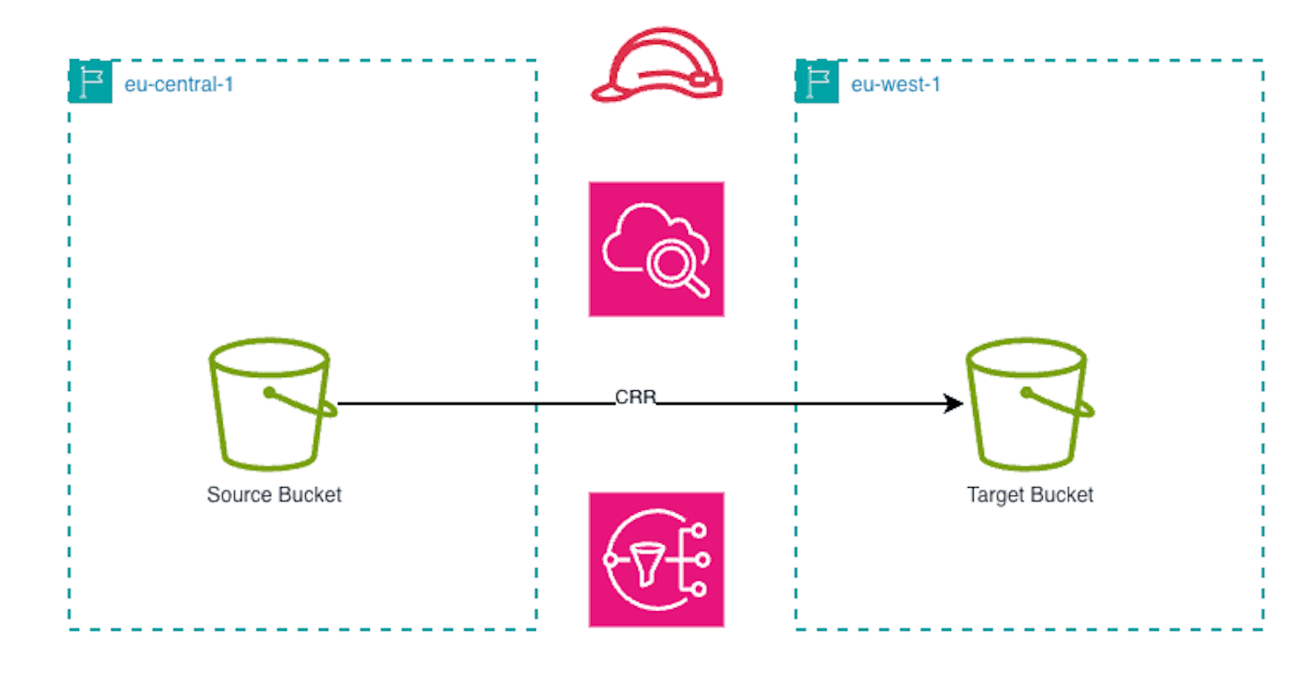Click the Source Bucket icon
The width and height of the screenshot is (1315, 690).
(x=270, y=404)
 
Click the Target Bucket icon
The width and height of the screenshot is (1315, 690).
(x=1027, y=404)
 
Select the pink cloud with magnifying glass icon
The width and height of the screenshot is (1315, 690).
(x=657, y=249)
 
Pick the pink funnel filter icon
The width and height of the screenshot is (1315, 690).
(x=657, y=559)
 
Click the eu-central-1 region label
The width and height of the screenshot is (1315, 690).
(x=178, y=85)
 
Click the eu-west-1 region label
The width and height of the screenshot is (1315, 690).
(x=895, y=85)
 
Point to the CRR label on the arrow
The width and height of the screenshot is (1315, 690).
(x=635, y=398)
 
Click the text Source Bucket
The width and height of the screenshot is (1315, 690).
(x=274, y=494)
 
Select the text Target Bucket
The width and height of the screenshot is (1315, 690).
(x=1030, y=494)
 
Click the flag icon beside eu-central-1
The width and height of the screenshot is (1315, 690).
(x=90, y=82)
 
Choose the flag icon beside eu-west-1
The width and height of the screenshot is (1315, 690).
(x=817, y=82)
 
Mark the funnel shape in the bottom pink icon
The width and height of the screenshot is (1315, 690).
(x=647, y=563)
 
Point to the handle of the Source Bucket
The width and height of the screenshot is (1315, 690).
(x=300, y=402)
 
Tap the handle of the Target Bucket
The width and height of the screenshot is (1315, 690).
(x=1057, y=402)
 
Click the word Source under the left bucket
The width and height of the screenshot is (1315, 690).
(x=239, y=494)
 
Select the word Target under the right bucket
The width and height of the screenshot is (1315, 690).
(x=995, y=494)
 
